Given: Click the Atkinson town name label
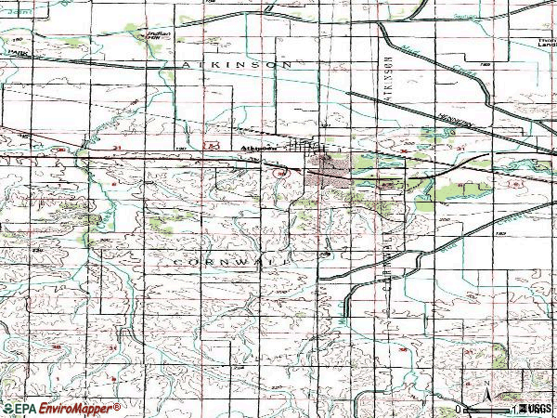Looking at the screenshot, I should coord(257,146).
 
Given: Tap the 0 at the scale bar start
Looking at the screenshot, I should coord(460,409).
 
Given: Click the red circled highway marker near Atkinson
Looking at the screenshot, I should coord(278,172).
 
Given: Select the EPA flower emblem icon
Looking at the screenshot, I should coord(6,409).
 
